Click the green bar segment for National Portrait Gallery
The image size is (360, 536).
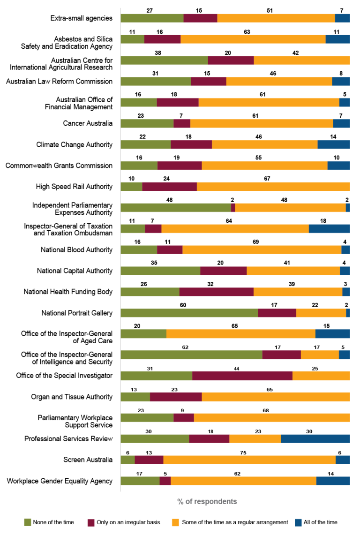pos(189,313)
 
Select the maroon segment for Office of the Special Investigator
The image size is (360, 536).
pos(242,376)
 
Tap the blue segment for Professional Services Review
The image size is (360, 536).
pos(315,438)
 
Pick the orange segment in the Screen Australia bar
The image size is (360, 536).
pos(249,460)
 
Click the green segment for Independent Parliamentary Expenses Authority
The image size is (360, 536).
pos(176,208)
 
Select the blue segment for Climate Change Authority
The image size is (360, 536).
pos(333,144)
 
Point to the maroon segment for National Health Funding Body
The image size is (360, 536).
pos(216,292)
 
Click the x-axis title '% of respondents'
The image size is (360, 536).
pos(207,501)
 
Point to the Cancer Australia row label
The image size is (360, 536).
pos(88,123)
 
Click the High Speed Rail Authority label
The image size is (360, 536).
pos(74,187)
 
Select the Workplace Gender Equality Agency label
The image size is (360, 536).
pos(60,481)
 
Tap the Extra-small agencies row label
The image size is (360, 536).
pos(82,18)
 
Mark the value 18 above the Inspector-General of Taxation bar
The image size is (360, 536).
pos(330,220)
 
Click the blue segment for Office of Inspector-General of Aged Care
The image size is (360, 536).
pos(332,333)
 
